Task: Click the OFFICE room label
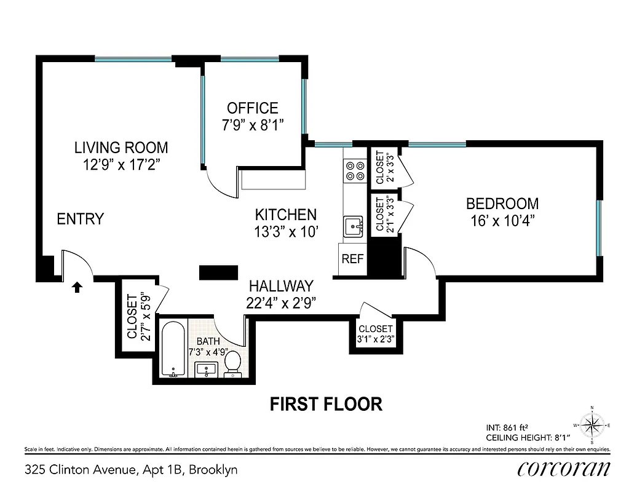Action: click(x=252, y=108)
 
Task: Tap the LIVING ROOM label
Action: click(x=121, y=148)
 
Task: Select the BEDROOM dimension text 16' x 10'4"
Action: click(x=502, y=221)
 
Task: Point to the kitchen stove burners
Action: click(x=354, y=170)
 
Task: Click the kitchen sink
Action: click(x=354, y=226)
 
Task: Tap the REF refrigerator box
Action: click(x=352, y=259)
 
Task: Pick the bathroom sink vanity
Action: click(x=207, y=370)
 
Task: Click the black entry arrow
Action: click(x=77, y=286)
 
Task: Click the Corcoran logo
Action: click(x=563, y=469)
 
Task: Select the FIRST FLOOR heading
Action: click(x=326, y=404)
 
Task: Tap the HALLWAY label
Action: click(x=281, y=286)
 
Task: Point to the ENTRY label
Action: click(x=80, y=219)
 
